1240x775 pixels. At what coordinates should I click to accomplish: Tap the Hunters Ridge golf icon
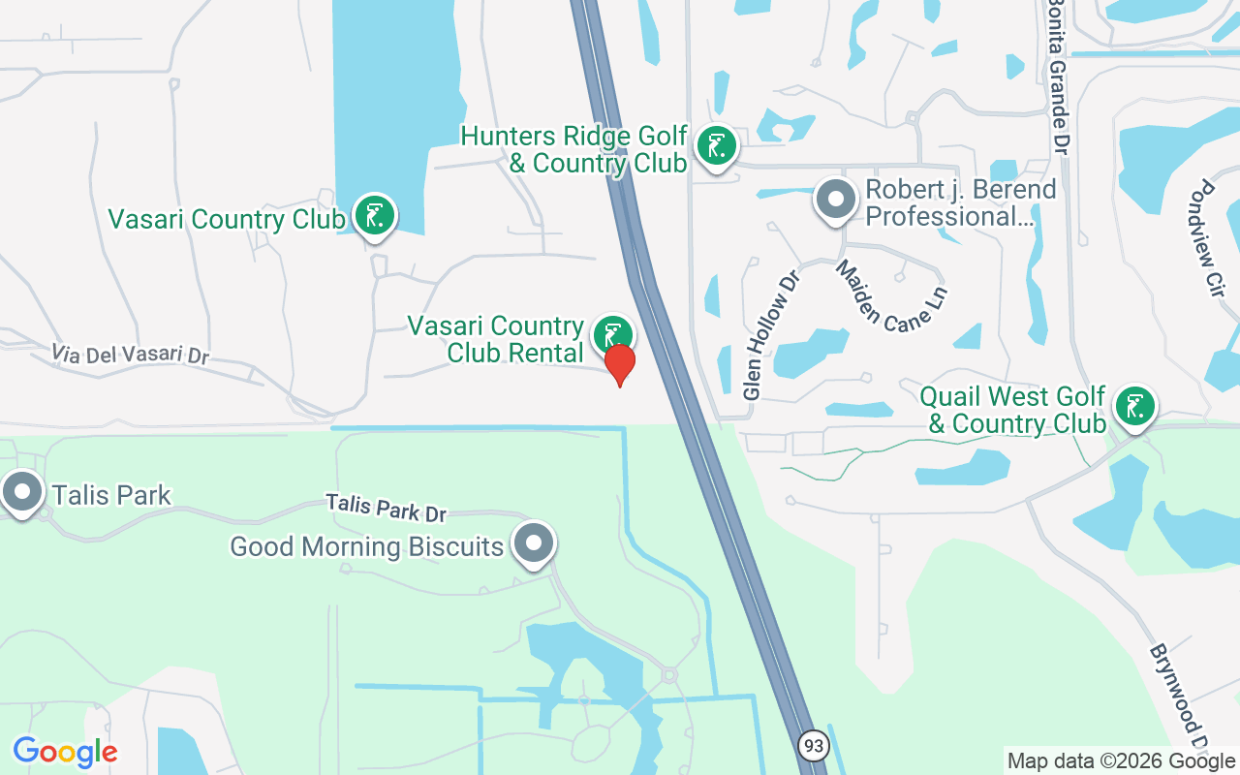716,147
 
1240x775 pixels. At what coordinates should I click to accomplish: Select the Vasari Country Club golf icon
374,215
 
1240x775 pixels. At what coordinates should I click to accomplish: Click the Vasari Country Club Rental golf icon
612,335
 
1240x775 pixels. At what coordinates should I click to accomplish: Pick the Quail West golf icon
1133,406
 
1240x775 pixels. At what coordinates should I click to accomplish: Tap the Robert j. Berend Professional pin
835,201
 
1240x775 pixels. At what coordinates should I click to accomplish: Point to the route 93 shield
812,745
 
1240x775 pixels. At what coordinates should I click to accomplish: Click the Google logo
65,752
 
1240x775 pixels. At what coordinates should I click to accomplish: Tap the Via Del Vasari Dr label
131,354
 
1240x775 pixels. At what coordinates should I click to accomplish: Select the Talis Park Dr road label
386,507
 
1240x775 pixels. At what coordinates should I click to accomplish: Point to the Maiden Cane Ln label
890,295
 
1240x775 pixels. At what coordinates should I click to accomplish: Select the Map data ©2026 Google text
1122,761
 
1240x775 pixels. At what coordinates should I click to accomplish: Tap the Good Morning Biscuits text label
367,546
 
